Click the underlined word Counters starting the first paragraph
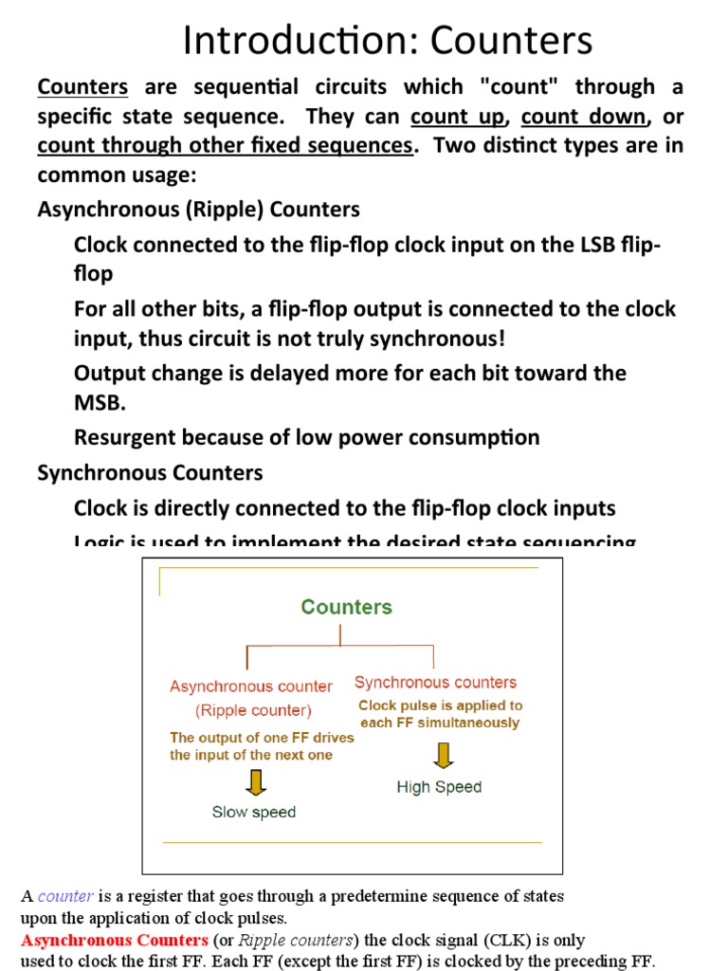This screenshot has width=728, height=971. click(x=82, y=87)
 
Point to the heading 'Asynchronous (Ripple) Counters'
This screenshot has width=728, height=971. click(x=198, y=209)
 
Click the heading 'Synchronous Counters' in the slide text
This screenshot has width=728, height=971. click(x=150, y=472)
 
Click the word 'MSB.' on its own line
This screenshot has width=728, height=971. click(x=100, y=401)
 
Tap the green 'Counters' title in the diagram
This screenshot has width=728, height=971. click(x=346, y=607)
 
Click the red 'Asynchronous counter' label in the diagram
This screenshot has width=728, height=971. click(x=251, y=687)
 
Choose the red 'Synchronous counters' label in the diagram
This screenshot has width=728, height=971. click(x=435, y=682)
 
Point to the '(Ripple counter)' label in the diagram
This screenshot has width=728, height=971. click(x=253, y=709)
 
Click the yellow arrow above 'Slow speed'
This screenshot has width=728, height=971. click(x=256, y=780)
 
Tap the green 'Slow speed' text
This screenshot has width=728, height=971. click(x=253, y=812)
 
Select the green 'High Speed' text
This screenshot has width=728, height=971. click(x=439, y=787)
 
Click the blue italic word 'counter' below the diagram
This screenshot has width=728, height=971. click(x=65, y=896)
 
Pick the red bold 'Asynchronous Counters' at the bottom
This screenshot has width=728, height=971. click(x=114, y=941)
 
